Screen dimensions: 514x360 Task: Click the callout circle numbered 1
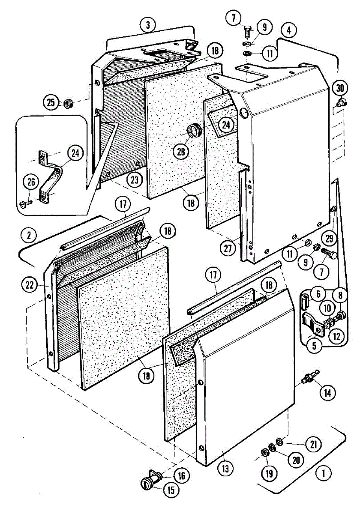click(x=324, y=474)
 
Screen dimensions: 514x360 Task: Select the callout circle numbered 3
click(x=147, y=24)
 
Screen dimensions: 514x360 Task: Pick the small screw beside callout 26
click(x=25, y=205)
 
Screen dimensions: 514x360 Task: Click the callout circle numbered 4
click(x=289, y=30)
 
